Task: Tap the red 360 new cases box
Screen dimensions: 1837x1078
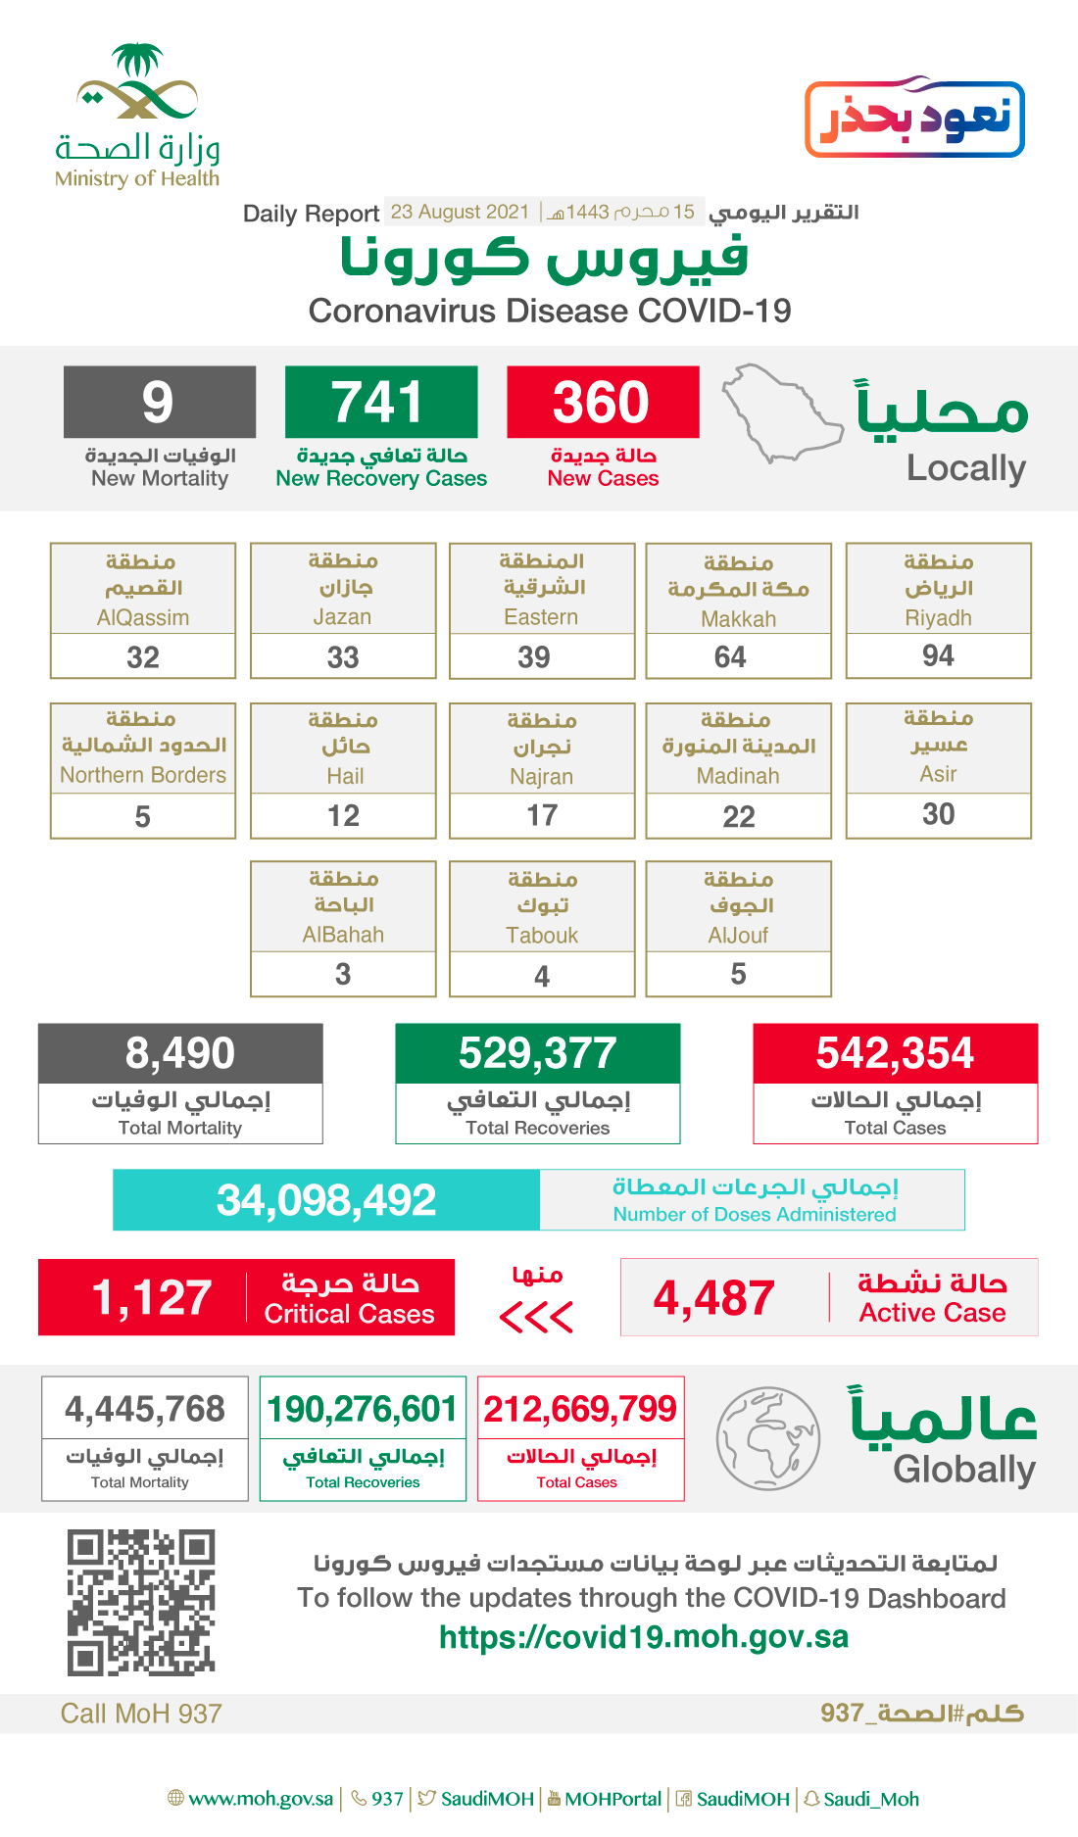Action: point(603,402)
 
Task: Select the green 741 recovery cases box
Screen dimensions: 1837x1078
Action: point(381,402)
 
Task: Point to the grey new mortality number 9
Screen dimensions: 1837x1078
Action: point(159,402)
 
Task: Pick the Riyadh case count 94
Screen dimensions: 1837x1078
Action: point(938,655)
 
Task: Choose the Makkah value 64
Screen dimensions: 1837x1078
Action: point(730,656)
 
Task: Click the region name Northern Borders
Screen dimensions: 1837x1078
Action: point(143,775)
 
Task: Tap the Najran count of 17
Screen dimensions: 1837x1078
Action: point(542,815)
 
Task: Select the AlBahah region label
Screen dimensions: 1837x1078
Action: point(343,935)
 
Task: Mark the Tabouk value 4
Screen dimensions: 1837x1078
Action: point(542,976)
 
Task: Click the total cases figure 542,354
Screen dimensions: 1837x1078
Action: point(895,1053)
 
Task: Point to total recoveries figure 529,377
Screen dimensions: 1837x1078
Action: point(537,1053)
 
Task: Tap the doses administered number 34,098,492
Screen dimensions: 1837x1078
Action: point(326,1200)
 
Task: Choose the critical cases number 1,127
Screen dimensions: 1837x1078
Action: point(152,1297)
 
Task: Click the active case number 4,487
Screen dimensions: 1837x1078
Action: point(713,1297)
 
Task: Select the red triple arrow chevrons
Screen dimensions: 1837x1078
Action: point(536,1317)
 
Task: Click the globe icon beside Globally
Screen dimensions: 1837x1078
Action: point(767,1437)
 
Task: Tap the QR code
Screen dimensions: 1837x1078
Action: point(141,1602)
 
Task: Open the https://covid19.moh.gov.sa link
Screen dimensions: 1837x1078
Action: point(644,1637)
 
